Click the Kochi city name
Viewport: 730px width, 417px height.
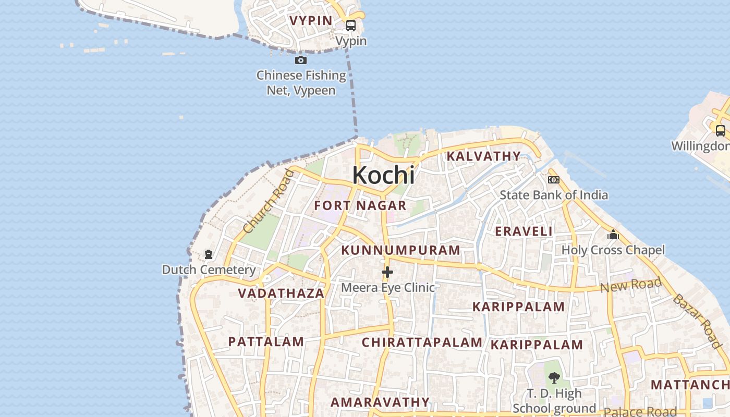(x=384, y=175)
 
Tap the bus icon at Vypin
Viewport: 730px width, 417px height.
(x=351, y=26)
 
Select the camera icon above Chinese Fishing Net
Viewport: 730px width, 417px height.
(x=301, y=60)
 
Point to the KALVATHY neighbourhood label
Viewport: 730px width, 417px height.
(x=483, y=156)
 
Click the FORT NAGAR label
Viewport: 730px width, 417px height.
(x=360, y=205)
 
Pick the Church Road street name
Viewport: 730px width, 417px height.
(x=269, y=201)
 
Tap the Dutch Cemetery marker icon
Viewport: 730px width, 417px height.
(x=209, y=254)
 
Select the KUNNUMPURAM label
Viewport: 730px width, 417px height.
(x=401, y=250)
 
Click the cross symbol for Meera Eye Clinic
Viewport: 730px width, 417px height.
(x=387, y=272)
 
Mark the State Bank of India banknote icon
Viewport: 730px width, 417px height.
(x=554, y=180)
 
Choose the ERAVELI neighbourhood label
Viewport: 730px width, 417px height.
(x=524, y=231)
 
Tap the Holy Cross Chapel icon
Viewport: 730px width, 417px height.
(x=613, y=235)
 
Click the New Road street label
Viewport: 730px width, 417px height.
(x=630, y=285)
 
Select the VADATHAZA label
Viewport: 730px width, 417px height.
(x=282, y=293)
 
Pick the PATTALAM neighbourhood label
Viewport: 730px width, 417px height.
(x=266, y=342)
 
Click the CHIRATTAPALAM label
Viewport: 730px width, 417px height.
(x=422, y=342)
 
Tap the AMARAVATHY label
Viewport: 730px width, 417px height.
(x=380, y=402)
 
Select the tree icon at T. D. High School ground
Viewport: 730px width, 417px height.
(x=554, y=377)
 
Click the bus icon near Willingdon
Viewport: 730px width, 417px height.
(x=720, y=131)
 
